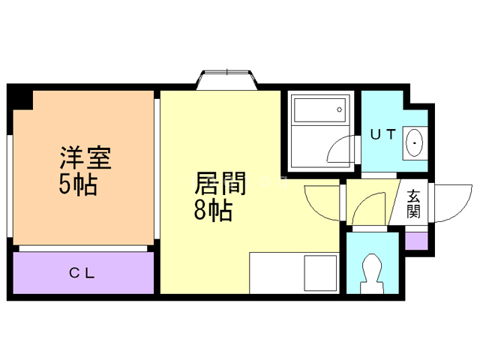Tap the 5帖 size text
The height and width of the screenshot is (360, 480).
[78, 184]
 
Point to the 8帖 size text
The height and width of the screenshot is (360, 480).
[212, 211]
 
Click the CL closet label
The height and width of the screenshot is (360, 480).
[82, 273]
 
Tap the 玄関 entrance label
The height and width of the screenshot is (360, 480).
[413, 203]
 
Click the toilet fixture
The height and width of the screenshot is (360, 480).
[372, 274]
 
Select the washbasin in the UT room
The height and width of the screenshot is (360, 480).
[413, 140]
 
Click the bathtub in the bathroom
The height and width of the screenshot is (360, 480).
[319, 112]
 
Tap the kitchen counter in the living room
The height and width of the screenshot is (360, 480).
[293, 274]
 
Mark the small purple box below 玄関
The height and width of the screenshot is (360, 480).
[415, 241]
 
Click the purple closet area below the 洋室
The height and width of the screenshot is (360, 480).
[82, 273]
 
